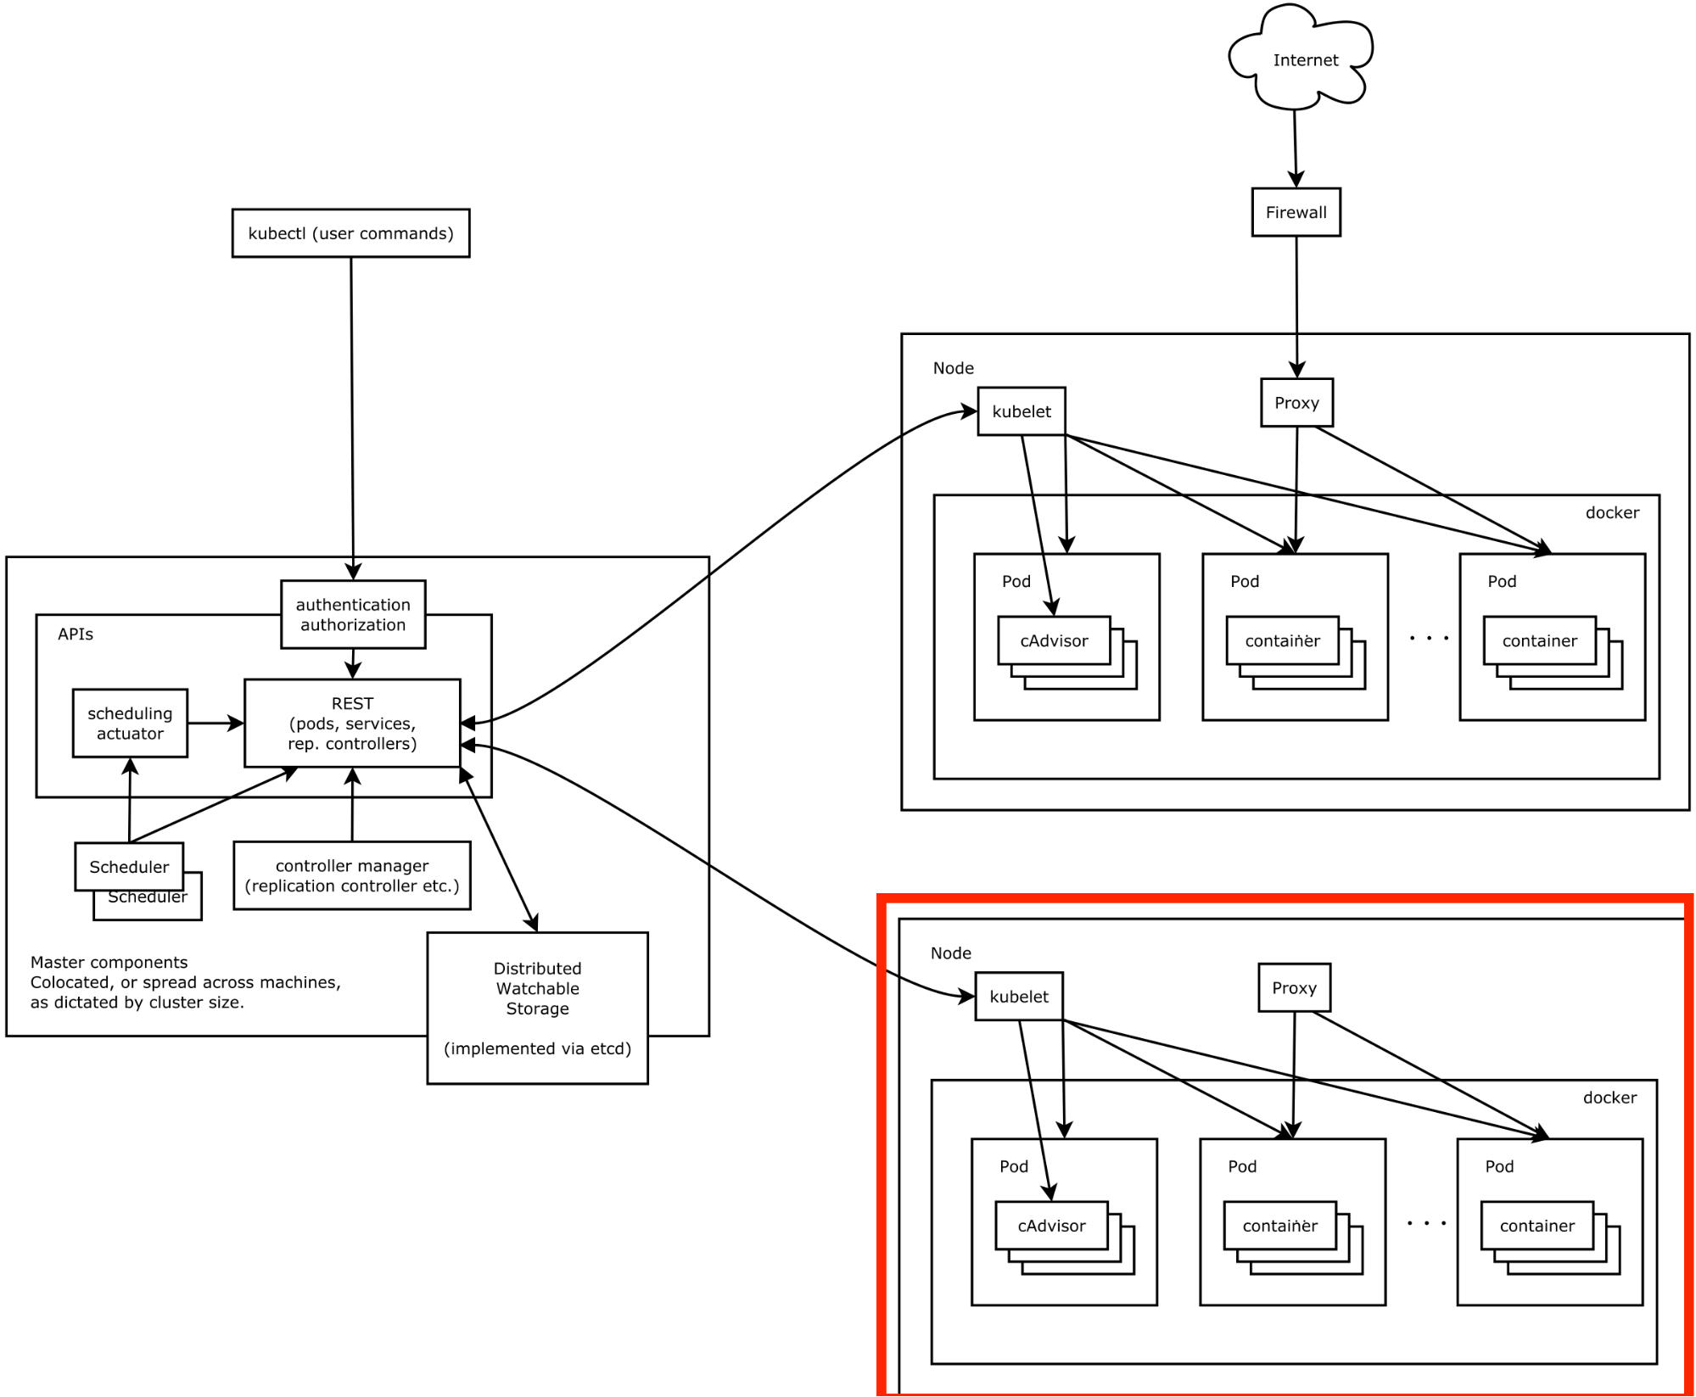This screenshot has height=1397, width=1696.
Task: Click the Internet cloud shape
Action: point(1303,60)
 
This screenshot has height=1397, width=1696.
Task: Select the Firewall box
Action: point(1296,212)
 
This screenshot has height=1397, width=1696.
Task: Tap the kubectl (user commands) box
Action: point(350,233)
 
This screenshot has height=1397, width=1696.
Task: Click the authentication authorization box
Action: point(353,615)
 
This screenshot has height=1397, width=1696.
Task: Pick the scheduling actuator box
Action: point(130,724)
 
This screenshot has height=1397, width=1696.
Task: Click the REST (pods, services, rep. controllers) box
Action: point(352,724)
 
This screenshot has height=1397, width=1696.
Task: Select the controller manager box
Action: point(352,875)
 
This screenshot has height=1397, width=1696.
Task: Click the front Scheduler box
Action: point(129,866)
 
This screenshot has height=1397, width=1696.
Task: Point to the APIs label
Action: point(76,634)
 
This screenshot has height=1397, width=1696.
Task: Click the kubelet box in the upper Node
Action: point(1021,411)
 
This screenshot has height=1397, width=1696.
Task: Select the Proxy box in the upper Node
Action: point(1296,403)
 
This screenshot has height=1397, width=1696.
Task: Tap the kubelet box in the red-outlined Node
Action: point(1018,997)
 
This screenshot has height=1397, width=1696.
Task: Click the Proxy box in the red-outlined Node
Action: point(1294,988)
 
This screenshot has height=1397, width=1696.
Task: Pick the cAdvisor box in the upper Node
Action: point(1054,640)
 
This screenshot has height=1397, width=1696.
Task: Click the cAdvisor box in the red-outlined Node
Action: point(1051,1226)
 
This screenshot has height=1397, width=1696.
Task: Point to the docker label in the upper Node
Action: point(1612,512)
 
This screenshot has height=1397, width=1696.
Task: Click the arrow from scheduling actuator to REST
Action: point(215,724)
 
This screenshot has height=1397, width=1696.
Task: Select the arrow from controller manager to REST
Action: point(352,806)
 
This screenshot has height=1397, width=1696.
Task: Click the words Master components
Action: point(109,962)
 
